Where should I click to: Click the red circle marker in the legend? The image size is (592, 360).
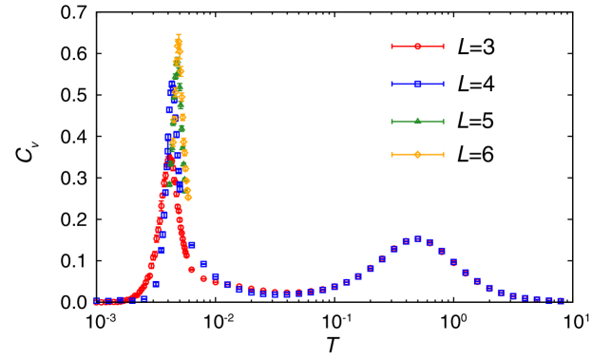[x=417, y=47]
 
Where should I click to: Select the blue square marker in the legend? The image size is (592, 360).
[x=417, y=84]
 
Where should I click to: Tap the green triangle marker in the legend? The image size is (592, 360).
[x=417, y=121]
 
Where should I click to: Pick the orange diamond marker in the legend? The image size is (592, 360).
[x=417, y=154]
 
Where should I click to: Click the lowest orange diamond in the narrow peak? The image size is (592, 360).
[x=188, y=198]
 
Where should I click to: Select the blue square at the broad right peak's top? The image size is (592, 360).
[x=417, y=238]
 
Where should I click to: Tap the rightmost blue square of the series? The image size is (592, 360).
[x=561, y=301]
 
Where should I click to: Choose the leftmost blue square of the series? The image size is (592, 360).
[x=97, y=300]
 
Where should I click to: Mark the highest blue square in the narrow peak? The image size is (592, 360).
[x=173, y=84]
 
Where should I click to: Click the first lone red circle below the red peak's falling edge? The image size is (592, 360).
[x=191, y=270]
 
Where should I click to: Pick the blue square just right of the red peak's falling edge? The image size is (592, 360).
[x=191, y=245]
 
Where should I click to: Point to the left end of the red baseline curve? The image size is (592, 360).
[x=94, y=304]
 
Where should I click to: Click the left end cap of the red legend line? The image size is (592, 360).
[x=391, y=47]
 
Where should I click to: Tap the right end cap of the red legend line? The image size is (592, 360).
[x=443, y=47]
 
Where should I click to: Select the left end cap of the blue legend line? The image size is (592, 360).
[x=391, y=84]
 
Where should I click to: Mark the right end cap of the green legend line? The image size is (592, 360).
[x=443, y=121]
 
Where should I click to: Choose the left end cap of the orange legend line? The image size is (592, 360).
[x=391, y=154]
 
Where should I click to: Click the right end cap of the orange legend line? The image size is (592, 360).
[x=443, y=154]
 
